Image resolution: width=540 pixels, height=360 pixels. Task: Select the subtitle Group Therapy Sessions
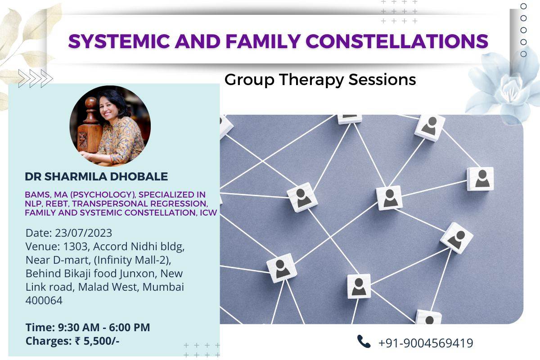pos(320,80)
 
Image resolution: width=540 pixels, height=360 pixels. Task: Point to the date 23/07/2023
pos(84,233)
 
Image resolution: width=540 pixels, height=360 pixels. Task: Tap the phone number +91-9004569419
pos(426,343)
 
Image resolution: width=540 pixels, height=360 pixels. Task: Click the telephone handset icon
pos(364,342)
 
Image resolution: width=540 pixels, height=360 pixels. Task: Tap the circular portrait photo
pos(110,126)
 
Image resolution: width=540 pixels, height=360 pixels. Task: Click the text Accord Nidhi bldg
pos(135,247)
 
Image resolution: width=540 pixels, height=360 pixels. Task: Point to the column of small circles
pos(523,30)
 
